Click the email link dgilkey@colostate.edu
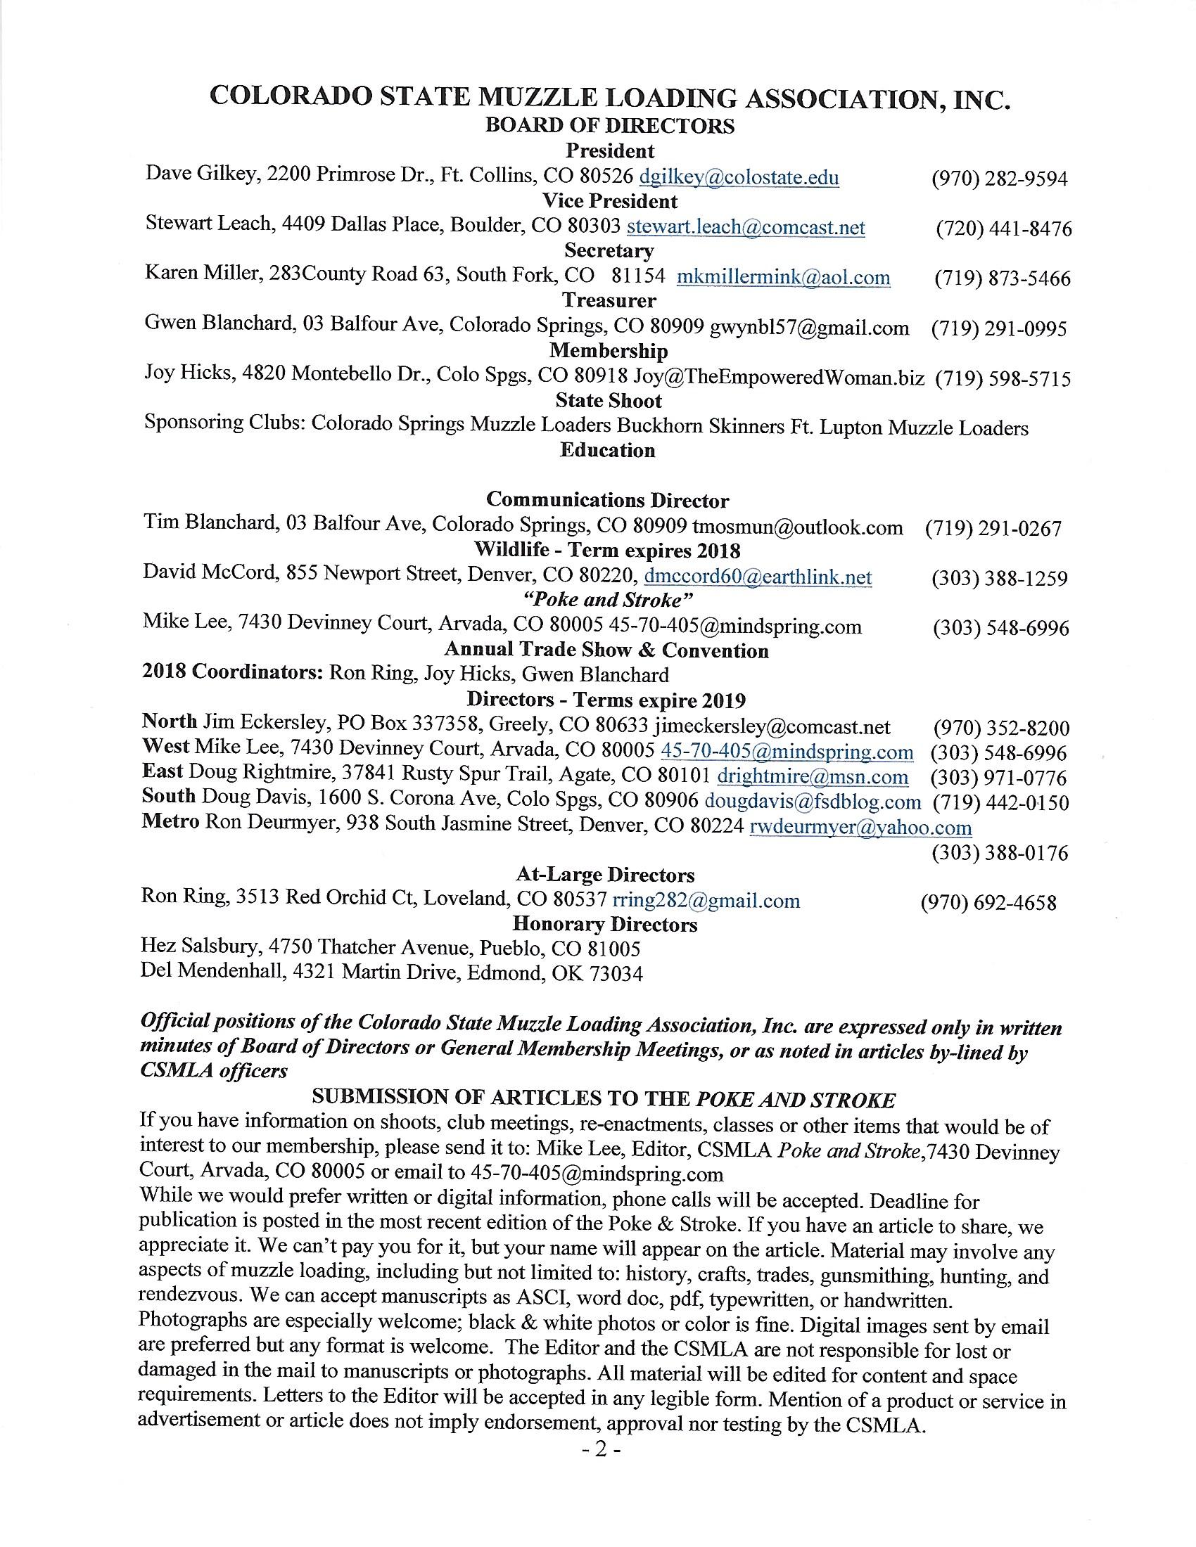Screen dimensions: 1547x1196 (x=739, y=176)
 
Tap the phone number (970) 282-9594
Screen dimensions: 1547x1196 (x=999, y=179)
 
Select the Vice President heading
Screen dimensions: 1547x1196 (x=610, y=201)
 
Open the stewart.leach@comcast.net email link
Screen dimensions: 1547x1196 (x=746, y=226)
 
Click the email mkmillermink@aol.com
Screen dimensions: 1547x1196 (x=784, y=277)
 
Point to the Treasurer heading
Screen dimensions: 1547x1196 (x=609, y=300)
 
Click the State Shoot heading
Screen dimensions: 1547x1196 (x=609, y=401)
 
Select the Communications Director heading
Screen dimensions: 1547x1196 (x=607, y=500)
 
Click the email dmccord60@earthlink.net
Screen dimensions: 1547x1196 (x=758, y=577)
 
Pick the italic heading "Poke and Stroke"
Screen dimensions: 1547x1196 (x=608, y=599)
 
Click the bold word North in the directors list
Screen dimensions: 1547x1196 (x=170, y=721)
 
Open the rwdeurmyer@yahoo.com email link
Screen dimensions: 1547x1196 (x=860, y=828)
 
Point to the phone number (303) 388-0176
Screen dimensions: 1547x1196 (x=999, y=853)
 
